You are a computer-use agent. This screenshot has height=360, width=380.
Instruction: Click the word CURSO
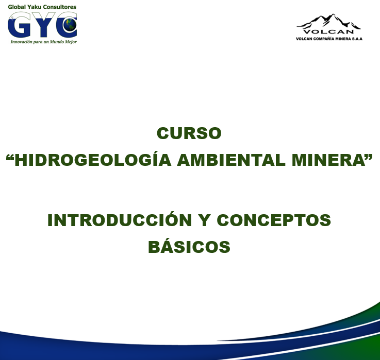pos(189,133)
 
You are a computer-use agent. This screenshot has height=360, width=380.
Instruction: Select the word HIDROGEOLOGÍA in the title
pos(93,160)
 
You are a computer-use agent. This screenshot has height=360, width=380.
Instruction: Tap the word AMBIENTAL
pos(231,160)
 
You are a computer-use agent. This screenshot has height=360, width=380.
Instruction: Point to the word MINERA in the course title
pos(328,160)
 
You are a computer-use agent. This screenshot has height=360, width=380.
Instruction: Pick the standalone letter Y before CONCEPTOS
pos(204,220)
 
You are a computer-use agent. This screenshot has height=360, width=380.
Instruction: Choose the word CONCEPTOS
pos(274,220)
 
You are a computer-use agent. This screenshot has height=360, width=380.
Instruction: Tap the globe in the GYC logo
pos(70,25)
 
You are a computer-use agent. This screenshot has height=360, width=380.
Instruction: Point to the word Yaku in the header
pos(34,7)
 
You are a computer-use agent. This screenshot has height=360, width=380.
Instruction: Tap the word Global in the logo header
pos(16,7)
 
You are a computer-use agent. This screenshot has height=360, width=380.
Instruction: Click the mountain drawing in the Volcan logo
pos(328,21)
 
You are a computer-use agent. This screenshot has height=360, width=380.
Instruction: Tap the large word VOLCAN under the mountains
pos(328,32)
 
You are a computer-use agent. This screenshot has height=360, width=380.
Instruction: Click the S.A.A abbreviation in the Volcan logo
pos(357,39)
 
